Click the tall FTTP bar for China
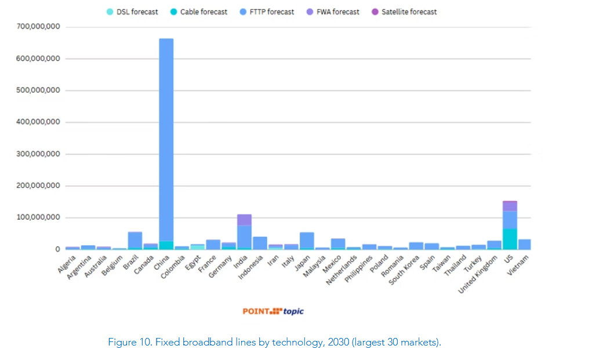166,139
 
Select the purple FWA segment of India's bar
244,220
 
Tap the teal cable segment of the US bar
510,239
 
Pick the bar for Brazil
135,240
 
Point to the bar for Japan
307,241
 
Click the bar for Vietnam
524,244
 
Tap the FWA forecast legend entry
332,12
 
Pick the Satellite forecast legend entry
404,12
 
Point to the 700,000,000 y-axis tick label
38,27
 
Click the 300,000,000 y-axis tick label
38,154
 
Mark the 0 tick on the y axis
57,249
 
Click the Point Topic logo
273,311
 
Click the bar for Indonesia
260,243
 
